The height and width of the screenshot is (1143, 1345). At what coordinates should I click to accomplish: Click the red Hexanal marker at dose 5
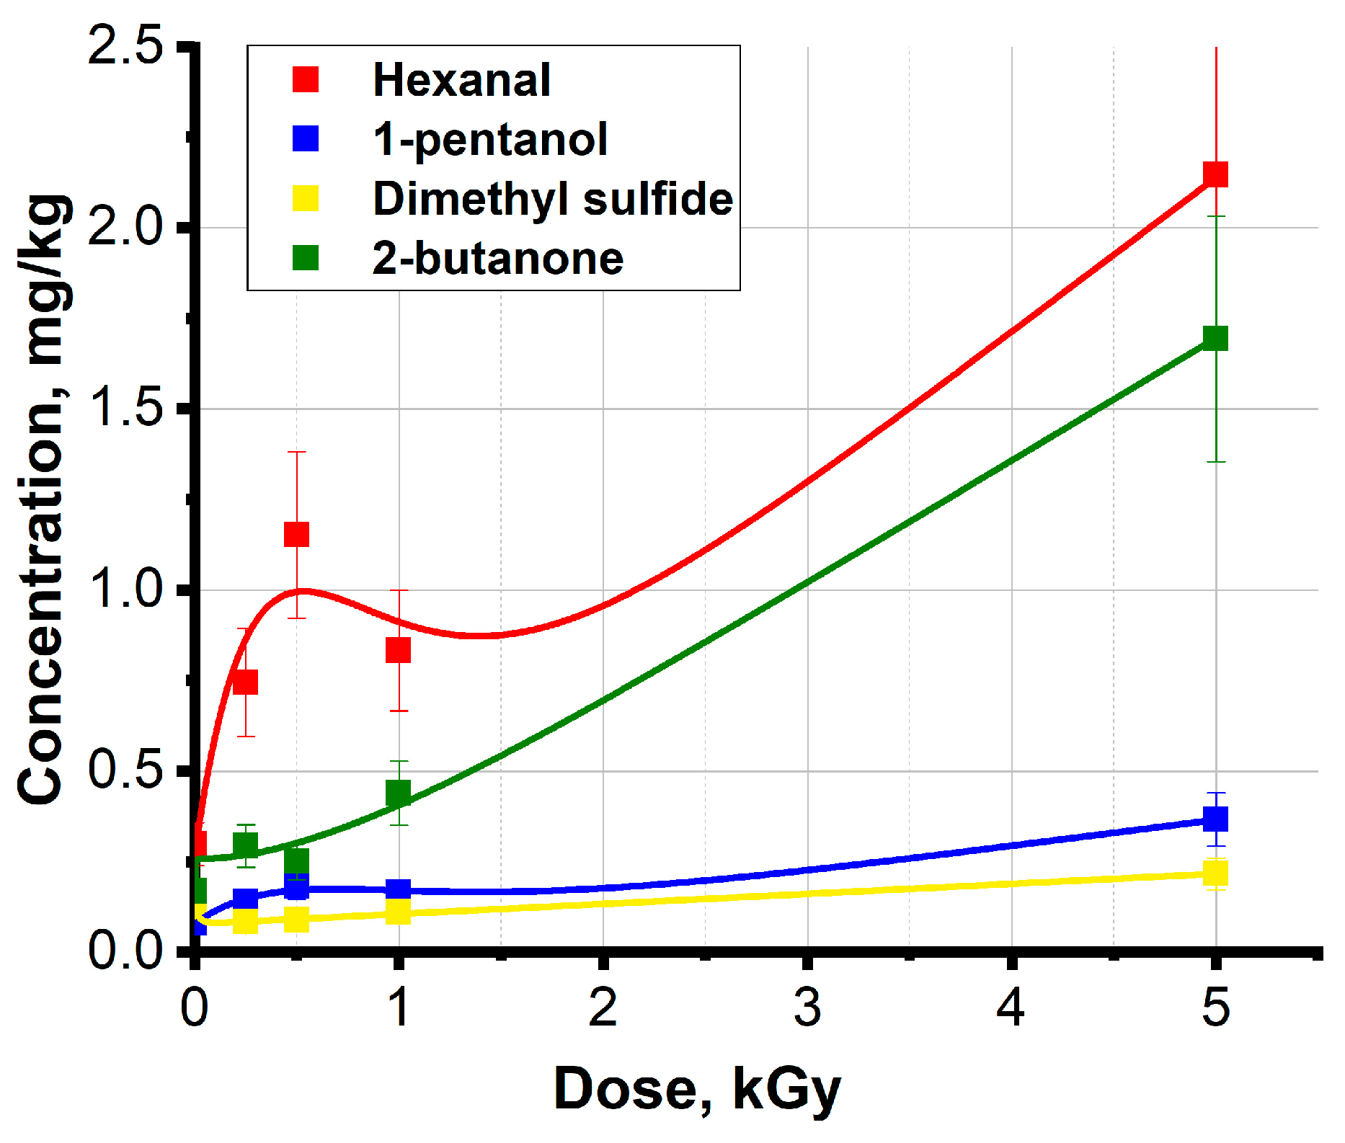click(1216, 174)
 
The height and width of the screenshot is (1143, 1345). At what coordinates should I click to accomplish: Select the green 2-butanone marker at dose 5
click(1216, 338)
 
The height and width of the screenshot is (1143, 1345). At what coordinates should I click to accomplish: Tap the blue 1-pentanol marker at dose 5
click(1216, 819)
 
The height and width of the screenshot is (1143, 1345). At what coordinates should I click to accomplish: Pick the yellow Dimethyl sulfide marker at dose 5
click(1216, 873)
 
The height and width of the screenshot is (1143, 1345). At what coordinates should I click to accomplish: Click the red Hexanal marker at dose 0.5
click(296, 535)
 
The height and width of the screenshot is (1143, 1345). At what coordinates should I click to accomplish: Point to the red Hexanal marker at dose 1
click(399, 650)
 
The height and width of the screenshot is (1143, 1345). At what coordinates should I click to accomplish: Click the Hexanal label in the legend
click(461, 79)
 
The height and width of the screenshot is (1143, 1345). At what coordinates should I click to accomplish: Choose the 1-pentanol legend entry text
click(490, 139)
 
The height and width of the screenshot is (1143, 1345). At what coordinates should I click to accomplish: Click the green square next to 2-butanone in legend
click(306, 258)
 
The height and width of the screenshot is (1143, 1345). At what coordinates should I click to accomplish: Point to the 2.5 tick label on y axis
click(125, 48)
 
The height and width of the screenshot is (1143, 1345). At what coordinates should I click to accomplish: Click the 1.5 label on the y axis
click(125, 409)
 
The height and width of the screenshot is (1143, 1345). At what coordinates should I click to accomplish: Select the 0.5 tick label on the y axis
click(125, 770)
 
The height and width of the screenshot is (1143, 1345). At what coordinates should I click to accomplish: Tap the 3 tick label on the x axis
click(807, 1008)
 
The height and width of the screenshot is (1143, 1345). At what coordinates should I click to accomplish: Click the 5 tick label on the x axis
click(1215, 1008)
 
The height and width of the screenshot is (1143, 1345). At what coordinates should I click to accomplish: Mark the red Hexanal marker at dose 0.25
click(246, 682)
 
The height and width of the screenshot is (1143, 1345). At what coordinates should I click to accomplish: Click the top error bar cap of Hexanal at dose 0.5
click(296, 452)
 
